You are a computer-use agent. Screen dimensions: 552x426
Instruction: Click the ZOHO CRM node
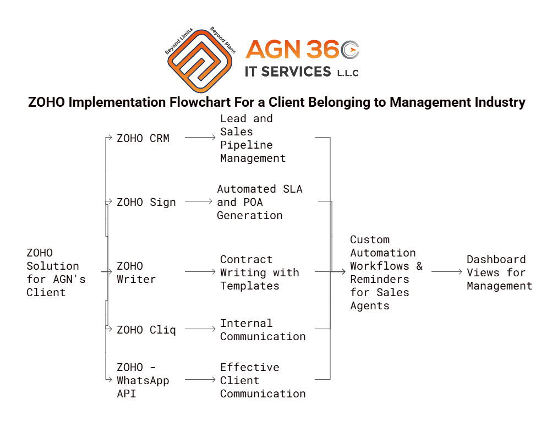coord(143,138)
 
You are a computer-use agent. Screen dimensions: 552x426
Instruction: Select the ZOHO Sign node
coord(146,203)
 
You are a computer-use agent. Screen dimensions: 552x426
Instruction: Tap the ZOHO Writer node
coord(136,272)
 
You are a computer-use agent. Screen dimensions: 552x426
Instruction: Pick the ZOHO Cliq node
coord(146,330)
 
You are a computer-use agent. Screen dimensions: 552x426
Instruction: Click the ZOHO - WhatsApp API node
coord(143,380)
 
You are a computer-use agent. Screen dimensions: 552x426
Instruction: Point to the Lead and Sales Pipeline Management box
coord(253,138)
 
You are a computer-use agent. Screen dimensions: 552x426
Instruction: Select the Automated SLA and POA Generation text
coord(259,202)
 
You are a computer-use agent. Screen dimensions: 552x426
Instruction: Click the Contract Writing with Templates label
coord(259,272)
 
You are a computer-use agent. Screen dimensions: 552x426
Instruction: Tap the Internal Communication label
coord(263,330)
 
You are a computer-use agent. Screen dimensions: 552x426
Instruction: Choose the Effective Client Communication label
coord(263,380)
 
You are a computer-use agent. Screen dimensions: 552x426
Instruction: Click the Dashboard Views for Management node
coord(499,272)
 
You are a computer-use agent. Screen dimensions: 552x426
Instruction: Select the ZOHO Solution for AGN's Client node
coord(56,272)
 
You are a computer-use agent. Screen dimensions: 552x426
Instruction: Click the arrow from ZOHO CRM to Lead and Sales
coord(200,137)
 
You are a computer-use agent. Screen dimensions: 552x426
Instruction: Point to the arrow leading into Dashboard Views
coord(446,272)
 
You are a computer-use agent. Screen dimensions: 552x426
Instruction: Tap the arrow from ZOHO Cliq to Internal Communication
coord(200,329)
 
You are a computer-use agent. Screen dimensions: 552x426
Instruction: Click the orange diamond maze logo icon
coord(200,61)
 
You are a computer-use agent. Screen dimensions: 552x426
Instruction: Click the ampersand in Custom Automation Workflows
coord(419,266)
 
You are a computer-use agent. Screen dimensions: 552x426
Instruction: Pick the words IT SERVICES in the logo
coord(288,72)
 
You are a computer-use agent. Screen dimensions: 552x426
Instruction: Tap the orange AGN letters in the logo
coord(273,50)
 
